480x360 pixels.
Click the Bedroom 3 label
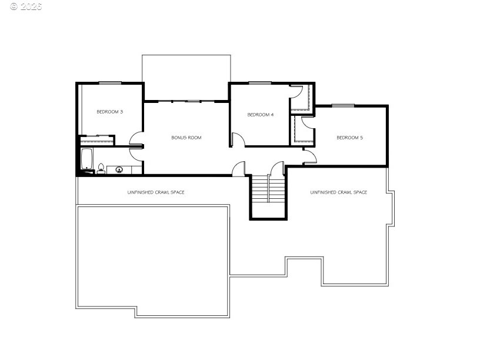[109, 112]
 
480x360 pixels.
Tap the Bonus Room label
[186, 138]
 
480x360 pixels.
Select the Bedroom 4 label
[260, 115]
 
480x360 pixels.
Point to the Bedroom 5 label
[349, 138]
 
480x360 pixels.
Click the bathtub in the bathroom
[86, 159]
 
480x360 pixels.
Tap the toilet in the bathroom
[101, 169]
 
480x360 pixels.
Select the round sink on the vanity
[119, 169]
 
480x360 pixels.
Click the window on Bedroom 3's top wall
[110, 83]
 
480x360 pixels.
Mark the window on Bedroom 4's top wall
[260, 83]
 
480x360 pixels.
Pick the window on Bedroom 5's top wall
[343, 106]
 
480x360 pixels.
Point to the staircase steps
[268, 189]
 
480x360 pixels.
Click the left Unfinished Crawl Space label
[156, 192]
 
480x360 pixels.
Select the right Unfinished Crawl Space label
[339, 192]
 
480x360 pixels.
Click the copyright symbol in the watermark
[14, 6]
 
